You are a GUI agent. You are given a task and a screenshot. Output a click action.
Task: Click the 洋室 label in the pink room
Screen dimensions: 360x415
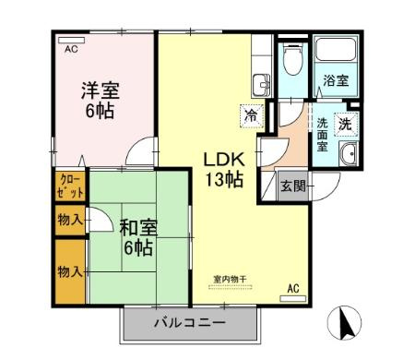(x=101, y=91)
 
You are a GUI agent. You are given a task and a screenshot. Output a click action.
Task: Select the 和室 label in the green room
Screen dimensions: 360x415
(x=134, y=225)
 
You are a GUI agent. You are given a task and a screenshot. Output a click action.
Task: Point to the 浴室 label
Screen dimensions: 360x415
(x=336, y=81)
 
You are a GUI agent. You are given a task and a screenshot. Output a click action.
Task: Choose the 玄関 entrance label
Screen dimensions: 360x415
(x=292, y=185)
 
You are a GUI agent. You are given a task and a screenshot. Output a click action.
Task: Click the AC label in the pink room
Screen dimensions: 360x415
(x=70, y=49)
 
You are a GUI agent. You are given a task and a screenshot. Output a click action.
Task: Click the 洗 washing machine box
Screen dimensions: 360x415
(x=345, y=123)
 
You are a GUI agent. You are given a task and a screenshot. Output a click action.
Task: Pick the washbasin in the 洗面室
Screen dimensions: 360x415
(x=350, y=155)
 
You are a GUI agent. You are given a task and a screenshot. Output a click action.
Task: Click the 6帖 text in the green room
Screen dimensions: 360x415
(x=134, y=246)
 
